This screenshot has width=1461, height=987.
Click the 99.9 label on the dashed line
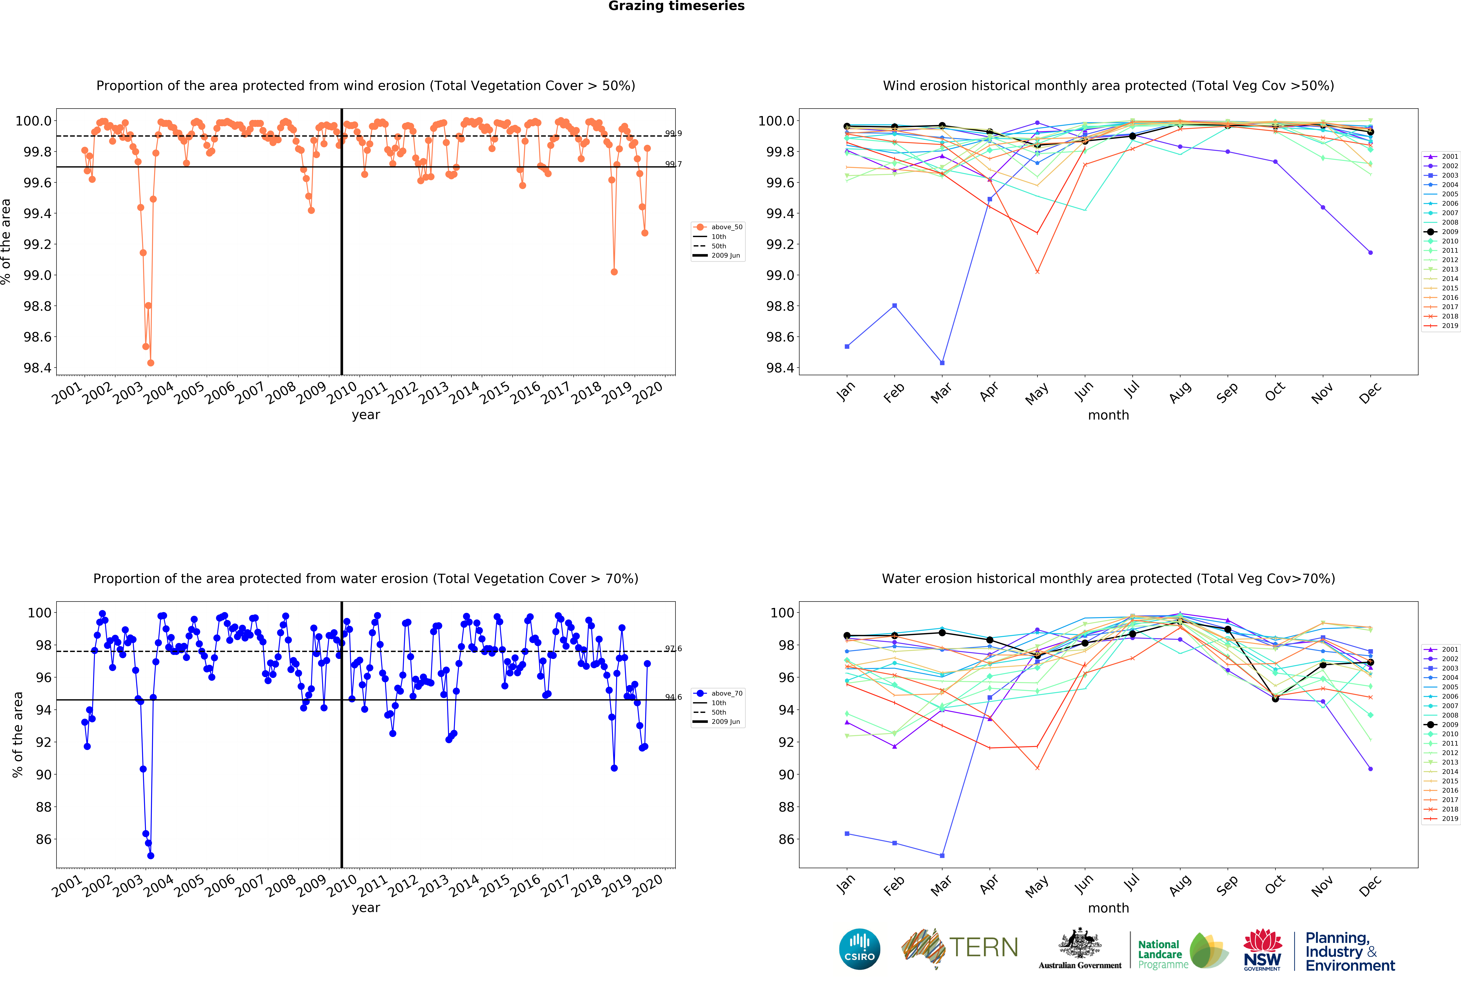[x=673, y=133]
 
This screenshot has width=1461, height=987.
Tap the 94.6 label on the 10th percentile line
[x=673, y=697]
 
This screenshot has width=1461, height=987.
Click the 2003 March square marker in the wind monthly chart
[x=942, y=363]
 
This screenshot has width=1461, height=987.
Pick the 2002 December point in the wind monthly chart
[x=1370, y=253]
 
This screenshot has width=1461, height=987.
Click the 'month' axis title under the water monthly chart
[x=1108, y=908]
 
